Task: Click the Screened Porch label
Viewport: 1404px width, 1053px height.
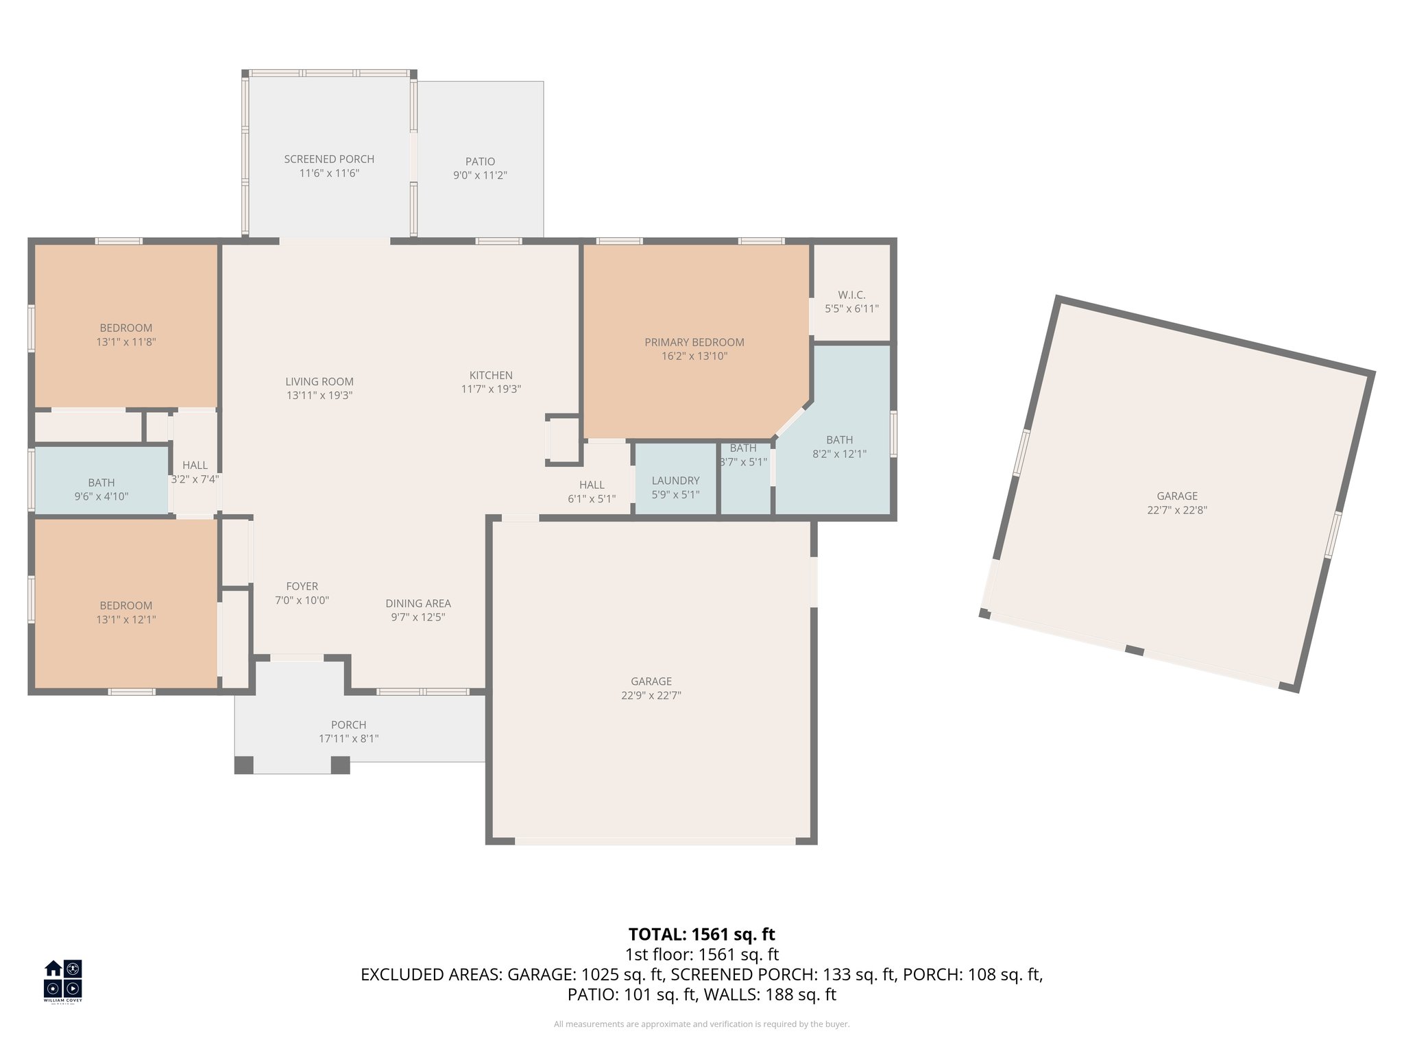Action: [x=329, y=159]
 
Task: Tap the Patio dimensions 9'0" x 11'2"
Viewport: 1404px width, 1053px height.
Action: [x=480, y=175]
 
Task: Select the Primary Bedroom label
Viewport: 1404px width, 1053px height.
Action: [x=694, y=342]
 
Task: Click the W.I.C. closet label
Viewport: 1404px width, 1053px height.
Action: [x=851, y=295]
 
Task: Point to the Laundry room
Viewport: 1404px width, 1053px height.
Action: [x=675, y=481]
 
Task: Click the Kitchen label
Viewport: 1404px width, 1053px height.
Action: [x=491, y=375]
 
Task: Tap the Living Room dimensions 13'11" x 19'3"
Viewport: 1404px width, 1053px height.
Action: [x=319, y=396]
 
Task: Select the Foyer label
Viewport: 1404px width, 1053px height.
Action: [x=302, y=586]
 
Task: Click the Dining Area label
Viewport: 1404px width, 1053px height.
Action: [x=418, y=603]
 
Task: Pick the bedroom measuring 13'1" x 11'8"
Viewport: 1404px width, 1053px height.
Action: [x=126, y=335]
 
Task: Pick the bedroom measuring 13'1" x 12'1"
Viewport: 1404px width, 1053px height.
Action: [x=126, y=612]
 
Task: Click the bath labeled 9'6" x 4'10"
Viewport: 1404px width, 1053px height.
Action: [x=101, y=489]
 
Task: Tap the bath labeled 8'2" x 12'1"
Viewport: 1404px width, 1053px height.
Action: [x=839, y=446]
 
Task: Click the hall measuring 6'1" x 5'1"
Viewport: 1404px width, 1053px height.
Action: [x=592, y=492]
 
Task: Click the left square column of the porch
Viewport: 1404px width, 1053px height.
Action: [x=244, y=765]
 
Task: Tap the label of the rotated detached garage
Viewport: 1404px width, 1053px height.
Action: [x=1176, y=496]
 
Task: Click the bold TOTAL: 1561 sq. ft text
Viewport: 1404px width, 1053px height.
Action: [x=701, y=934]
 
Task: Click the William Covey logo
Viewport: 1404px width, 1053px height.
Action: [x=63, y=980]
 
